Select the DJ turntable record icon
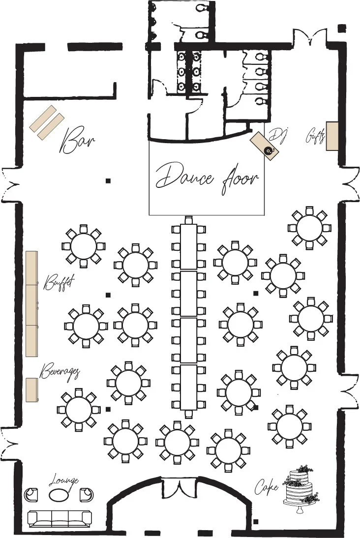tap(269, 150)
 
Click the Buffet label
tap(59, 283)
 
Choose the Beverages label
tap(60, 372)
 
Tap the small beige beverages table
tap(32, 390)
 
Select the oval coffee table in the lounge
tap(58, 494)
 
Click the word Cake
tap(266, 486)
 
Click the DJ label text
tap(278, 135)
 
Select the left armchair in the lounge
tap(31, 495)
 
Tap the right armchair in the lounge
tap(87, 495)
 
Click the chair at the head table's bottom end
tap(188, 414)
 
